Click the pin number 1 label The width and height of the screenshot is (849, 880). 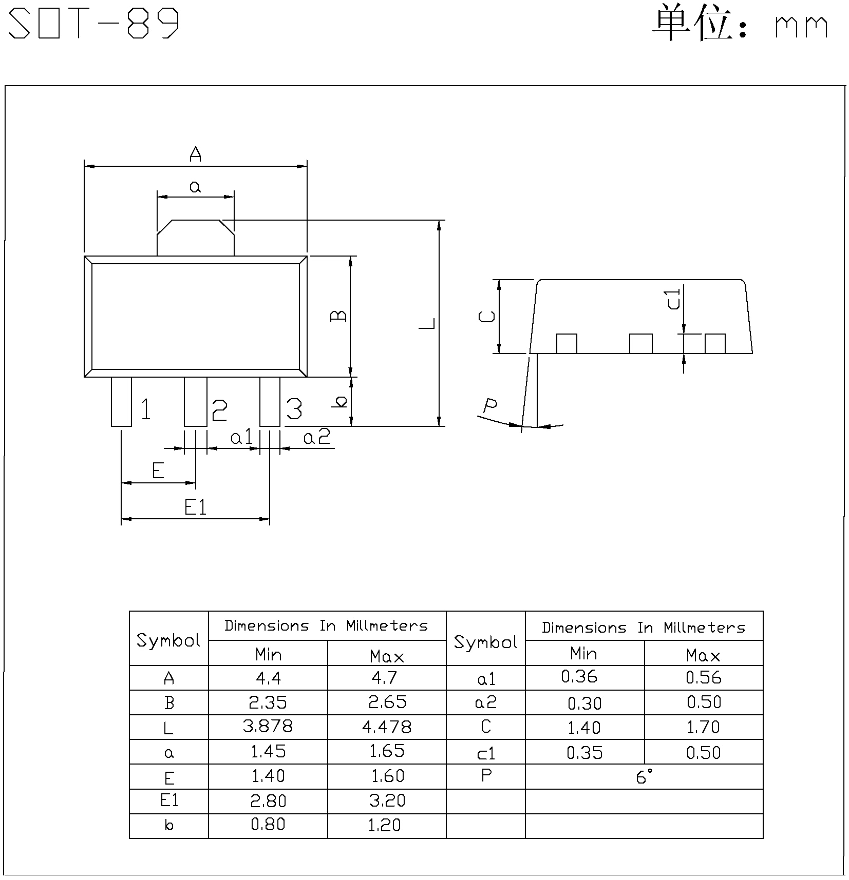coord(146,409)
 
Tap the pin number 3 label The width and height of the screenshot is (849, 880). coord(294,409)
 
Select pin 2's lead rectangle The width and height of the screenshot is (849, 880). coord(196,402)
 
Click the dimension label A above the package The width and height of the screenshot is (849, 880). coord(195,154)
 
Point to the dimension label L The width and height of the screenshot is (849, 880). coord(427,323)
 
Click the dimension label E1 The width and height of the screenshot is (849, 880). coord(195,508)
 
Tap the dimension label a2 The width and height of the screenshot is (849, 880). coord(316,438)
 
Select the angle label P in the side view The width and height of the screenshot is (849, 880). coord(490,406)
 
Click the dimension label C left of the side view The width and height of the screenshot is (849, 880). coord(486,316)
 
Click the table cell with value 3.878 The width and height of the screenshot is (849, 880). coord(268,726)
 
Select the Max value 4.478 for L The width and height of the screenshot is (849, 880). coord(387,727)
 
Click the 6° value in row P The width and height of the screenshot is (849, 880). coord(644,777)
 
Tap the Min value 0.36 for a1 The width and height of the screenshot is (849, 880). coord(579,677)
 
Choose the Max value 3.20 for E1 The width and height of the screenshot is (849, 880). coord(387,800)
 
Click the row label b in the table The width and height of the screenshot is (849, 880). coord(168,826)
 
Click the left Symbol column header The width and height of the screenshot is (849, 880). coord(168,640)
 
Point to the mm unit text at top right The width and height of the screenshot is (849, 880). coord(801,27)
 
